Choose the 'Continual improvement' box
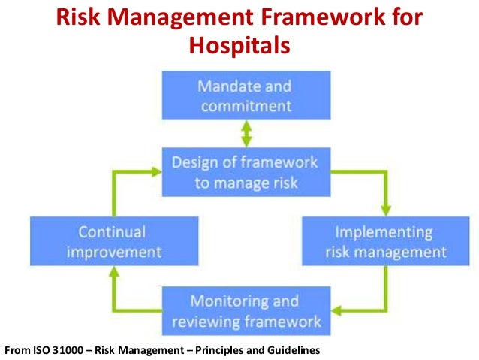[x=113, y=241]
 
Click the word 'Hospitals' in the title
[x=239, y=46]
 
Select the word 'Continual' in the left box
[x=113, y=231]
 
